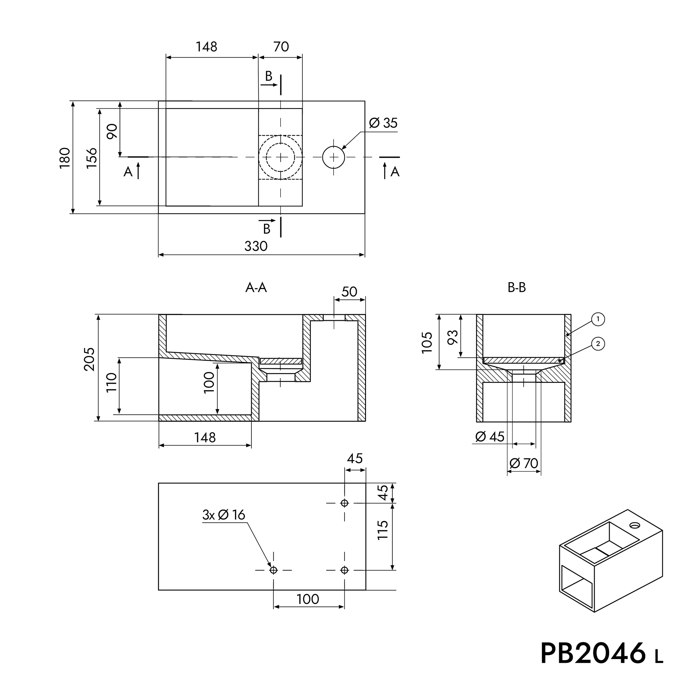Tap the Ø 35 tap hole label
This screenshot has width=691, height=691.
(383, 123)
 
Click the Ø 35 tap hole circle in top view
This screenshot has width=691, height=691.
(333, 157)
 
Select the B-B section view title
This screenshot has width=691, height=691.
(517, 287)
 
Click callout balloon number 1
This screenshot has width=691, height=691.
(598, 319)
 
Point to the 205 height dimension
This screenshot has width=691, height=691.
(89, 359)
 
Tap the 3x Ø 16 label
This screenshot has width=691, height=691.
(224, 515)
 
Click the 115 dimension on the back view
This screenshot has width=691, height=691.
(383, 530)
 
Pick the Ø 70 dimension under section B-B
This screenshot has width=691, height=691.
(524, 464)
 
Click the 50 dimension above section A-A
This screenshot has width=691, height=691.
(349, 292)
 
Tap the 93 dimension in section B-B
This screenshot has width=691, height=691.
(453, 337)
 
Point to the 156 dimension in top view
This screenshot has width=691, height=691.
(92, 158)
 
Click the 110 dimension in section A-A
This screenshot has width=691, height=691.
(112, 382)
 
